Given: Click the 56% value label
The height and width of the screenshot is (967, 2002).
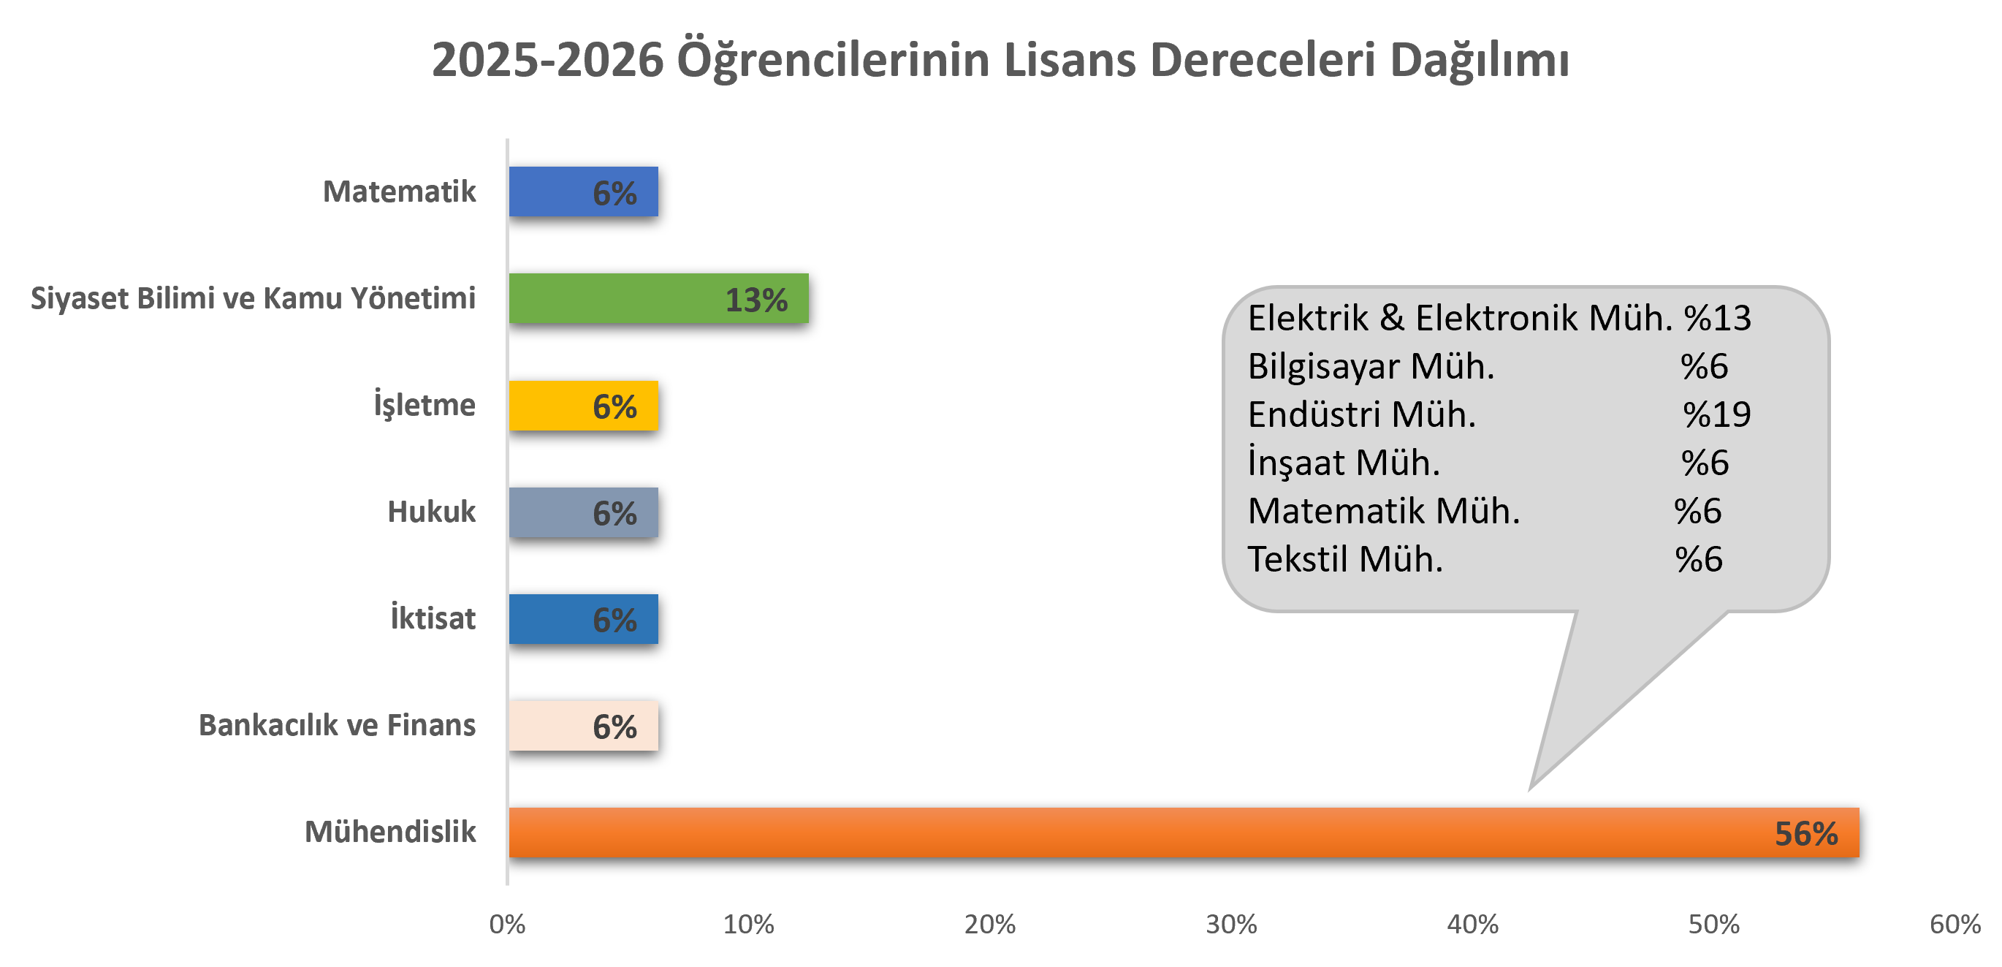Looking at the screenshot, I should click(x=1806, y=834).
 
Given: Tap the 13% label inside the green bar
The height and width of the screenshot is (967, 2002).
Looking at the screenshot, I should click(x=756, y=300).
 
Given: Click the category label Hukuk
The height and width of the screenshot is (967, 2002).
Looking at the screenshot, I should click(x=431, y=512).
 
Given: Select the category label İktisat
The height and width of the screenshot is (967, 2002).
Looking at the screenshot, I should click(x=433, y=618).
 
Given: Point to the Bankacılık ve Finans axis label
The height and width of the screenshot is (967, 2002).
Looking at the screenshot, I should click(x=337, y=725).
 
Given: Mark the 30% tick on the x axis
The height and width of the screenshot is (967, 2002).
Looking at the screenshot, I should click(x=1231, y=925).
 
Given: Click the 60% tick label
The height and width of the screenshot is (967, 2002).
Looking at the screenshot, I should click(x=1955, y=925).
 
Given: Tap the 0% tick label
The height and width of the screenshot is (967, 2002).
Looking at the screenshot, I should click(x=508, y=925).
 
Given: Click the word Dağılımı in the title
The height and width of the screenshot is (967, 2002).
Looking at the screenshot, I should click(x=1479, y=61).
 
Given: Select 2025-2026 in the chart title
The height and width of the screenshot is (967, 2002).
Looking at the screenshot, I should click(x=548, y=61).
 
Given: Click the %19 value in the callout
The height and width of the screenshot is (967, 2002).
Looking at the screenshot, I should click(x=1717, y=414).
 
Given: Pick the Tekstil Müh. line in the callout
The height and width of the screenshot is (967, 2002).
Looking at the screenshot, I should click(x=1345, y=560).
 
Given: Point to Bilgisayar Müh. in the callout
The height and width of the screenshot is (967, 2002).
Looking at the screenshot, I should click(x=1371, y=367).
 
